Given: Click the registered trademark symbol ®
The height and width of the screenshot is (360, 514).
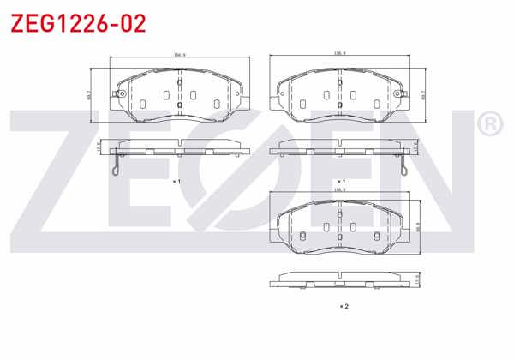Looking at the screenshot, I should point(488,125).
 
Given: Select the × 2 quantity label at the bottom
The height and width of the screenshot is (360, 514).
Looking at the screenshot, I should point(343,305).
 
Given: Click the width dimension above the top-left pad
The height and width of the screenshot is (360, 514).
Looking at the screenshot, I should point(180,55).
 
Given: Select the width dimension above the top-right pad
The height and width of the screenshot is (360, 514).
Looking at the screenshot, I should point(339,55).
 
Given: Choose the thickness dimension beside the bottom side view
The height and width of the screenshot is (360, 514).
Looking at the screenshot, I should point(417,280).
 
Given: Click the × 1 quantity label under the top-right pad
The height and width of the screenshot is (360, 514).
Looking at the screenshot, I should point(341,182).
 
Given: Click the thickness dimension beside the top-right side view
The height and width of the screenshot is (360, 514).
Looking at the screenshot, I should point(415,147).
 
